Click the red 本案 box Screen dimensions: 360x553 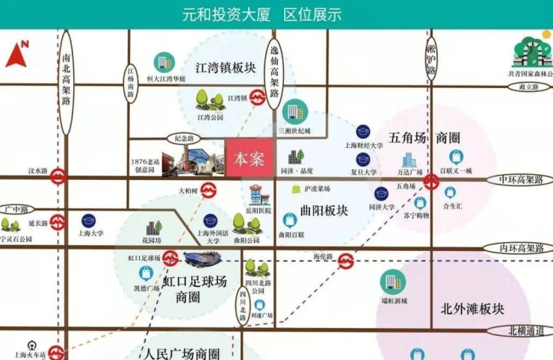(x=249, y=158)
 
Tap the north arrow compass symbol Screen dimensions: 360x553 (x=17, y=54)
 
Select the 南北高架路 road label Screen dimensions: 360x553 (x=67, y=81)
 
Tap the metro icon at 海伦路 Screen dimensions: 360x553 (x=346, y=261)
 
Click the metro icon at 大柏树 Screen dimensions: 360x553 (x=210, y=190)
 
